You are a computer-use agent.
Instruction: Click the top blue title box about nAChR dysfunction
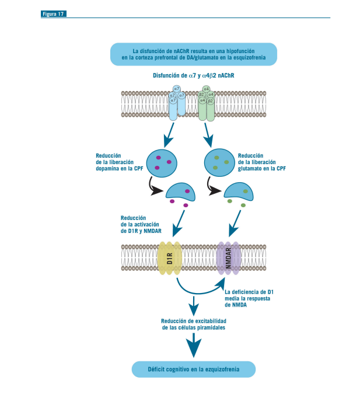193,54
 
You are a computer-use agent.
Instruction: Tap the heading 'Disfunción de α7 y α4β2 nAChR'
194,76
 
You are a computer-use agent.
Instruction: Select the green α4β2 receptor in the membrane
206,103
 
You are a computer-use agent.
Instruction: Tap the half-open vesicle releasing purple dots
180,191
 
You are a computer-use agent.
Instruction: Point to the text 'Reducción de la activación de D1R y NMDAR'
141,224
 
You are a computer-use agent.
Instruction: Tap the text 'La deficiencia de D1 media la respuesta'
249,298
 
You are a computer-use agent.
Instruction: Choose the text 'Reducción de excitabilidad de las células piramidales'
193,325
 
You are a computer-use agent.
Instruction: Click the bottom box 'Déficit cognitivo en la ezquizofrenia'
193,370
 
